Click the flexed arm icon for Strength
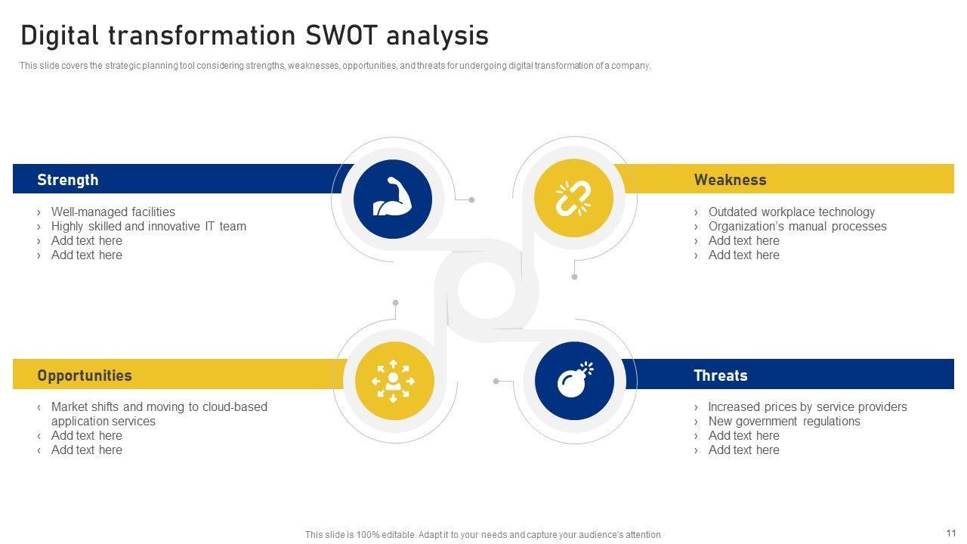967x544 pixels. coord(392,199)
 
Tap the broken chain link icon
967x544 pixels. coord(573,199)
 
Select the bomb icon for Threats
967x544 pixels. coord(575,380)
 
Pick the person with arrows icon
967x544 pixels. coord(394,381)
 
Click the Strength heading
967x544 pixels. coord(68,180)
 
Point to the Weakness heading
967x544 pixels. coord(730,180)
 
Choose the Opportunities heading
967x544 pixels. coord(85,376)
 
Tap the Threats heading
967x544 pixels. coord(720,376)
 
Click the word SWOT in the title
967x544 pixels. coord(339,36)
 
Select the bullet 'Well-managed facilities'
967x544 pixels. coord(113,212)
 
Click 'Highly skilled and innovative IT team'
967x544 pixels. coord(148,226)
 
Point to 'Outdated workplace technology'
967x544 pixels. coord(791,212)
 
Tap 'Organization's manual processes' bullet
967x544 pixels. coord(797,226)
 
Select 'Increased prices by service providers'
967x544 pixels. coord(807,406)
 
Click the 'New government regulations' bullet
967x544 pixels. coord(784,421)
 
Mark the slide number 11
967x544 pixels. coord(950,533)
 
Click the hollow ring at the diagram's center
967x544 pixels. coord(486,291)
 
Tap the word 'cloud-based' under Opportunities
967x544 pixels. coord(233,406)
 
